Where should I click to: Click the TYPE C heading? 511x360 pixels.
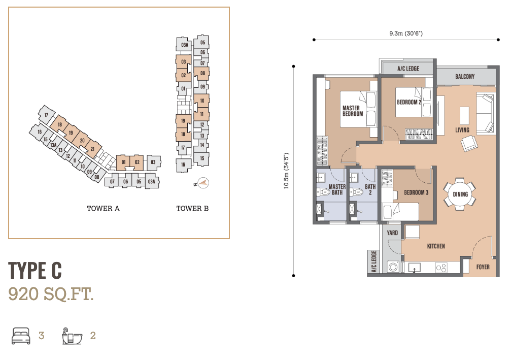click(35, 270)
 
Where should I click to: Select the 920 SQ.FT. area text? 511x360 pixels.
click(51, 294)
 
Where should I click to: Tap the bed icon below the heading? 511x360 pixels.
click(21, 336)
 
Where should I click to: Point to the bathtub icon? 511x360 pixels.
click(72, 336)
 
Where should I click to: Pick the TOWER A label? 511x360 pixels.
click(104, 208)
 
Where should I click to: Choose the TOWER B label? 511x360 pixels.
click(192, 208)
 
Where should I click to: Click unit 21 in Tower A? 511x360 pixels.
click(92, 149)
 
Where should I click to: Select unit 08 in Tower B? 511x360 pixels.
click(202, 73)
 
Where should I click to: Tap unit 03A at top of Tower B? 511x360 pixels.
click(184, 45)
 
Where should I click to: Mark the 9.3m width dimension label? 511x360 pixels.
click(406, 34)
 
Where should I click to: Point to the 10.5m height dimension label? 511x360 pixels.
click(286, 171)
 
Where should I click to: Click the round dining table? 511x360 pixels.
click(460, 194)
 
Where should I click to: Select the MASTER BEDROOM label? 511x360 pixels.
click(353, 111)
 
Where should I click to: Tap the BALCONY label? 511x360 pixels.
click(465, 77)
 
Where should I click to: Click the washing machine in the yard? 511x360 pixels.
click(393, 267)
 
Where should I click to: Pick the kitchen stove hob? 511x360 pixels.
click(441, 268)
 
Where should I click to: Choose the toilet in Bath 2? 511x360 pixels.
click(357, 192)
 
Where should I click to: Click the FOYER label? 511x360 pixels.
click(483, 267)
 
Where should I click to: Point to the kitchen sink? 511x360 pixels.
click(414, 268)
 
